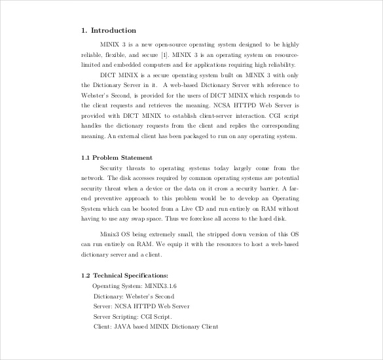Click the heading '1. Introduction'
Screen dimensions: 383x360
(x=109, y=30)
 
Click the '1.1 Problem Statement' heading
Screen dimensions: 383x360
(x=117, y=158)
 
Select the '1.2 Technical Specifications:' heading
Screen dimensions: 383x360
(x=124, y=276)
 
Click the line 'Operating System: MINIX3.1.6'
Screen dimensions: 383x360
(x=135, y=286)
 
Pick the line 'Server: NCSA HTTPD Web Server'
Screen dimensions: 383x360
(x=141, y=306)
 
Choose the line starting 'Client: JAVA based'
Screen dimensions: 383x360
(x=155, y=326)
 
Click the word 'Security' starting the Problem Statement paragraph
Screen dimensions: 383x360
(x=112, y=168)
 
